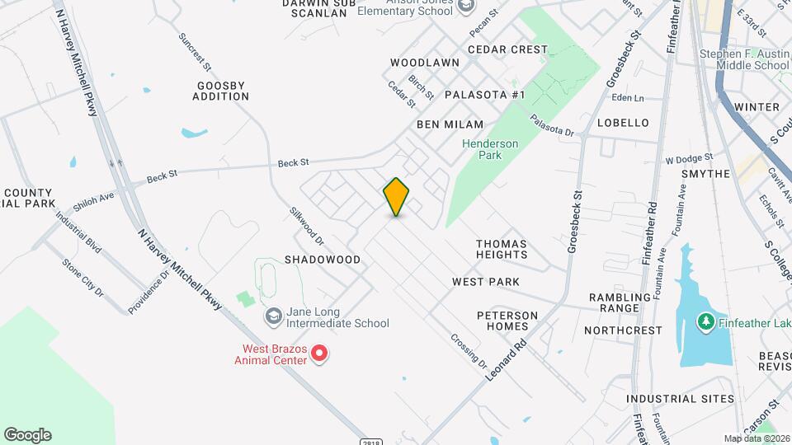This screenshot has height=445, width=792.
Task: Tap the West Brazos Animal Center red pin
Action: [319, 354]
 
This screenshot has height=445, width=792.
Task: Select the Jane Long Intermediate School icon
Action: [273, 316]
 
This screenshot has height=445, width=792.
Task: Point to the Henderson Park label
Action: [490, 149]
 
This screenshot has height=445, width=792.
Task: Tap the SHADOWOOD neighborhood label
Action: [323, 260]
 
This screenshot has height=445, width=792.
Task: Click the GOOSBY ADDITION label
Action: [221, 91]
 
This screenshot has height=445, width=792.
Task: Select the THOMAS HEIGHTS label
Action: [502, 249]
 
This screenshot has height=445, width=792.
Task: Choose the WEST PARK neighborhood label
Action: [486, 282]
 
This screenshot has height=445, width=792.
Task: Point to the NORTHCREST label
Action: [623, 330]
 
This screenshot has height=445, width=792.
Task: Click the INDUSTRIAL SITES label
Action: [680, 399]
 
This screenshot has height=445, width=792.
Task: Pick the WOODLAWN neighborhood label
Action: [425, 63]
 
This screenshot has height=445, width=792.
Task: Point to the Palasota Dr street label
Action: [551, 125]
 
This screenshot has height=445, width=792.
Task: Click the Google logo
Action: [27, 435]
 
